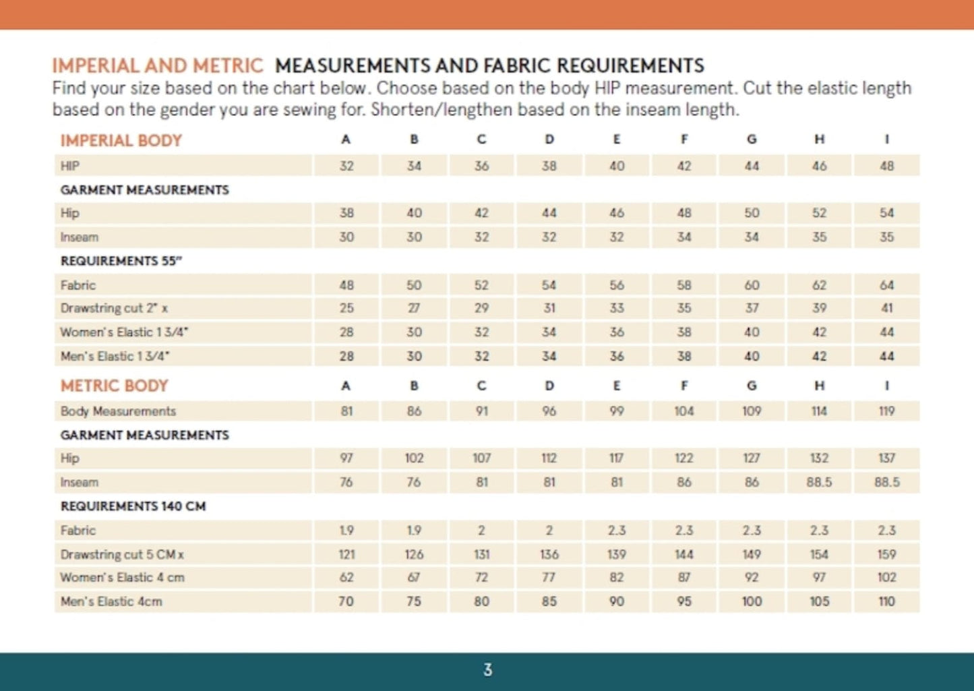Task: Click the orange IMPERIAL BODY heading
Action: [x=121, y=140]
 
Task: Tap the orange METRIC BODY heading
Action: [x=114, y=386]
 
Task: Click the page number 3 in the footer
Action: [x=487, y=670]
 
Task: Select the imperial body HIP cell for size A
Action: [x=346, y=166]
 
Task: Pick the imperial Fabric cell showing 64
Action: [x=886, y=285]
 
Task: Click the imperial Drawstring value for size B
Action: [x=414, y=308]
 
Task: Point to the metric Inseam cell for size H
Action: [x=819, y=482]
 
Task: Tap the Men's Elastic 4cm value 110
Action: [x=886, y=601]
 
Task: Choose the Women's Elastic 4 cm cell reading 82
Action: [x=616, y=577]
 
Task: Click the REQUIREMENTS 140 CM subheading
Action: [x=133, y=506]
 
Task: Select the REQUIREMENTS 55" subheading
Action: [x=121, y=261]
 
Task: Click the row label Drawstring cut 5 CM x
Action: [x=122, y=554]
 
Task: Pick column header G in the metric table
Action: [x=752, y=386]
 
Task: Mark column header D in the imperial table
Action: [x=549, y=140]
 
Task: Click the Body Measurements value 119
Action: [x=886, y=411]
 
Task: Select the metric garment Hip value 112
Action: [x=549, y=458]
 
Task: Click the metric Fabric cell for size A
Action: [x=346, y=531]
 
